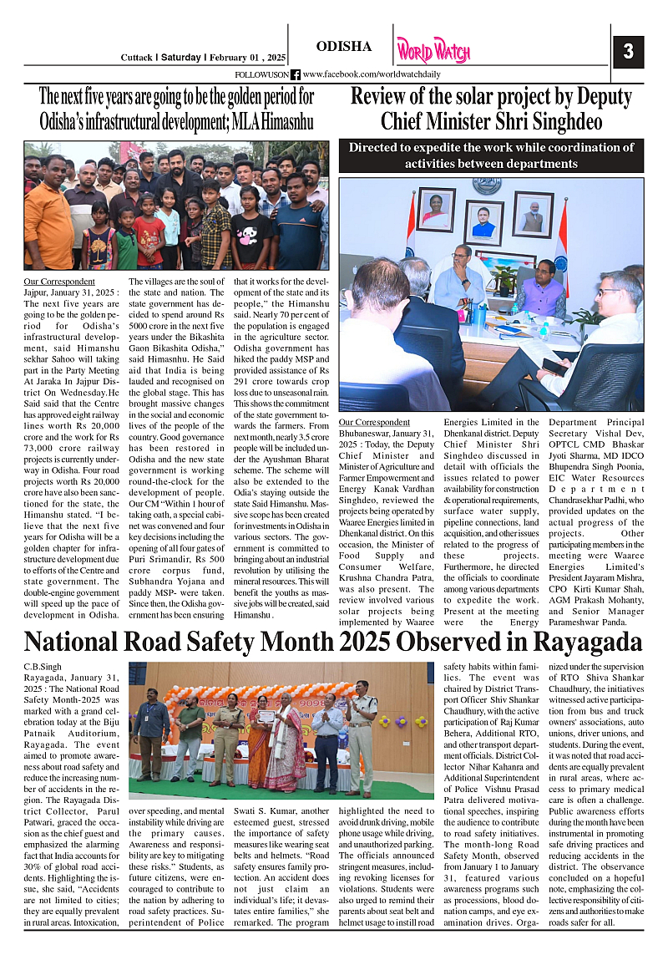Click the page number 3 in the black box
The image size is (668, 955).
[x=628, y=53]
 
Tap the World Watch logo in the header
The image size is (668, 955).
[x=433, y=51]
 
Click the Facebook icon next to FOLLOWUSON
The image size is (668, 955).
[x=295, y=74]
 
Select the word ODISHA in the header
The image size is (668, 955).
[x=344, y=46]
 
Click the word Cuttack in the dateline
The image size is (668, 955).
[x=136, y=58]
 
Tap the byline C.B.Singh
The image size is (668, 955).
[x=43, y=666]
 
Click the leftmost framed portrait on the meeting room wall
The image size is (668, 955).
[x=435, y=209]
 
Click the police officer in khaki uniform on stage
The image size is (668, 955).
[x=361, y=735]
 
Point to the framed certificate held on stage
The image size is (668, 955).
[x=266, y=716]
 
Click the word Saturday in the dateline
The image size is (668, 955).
[x=180, y=58]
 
